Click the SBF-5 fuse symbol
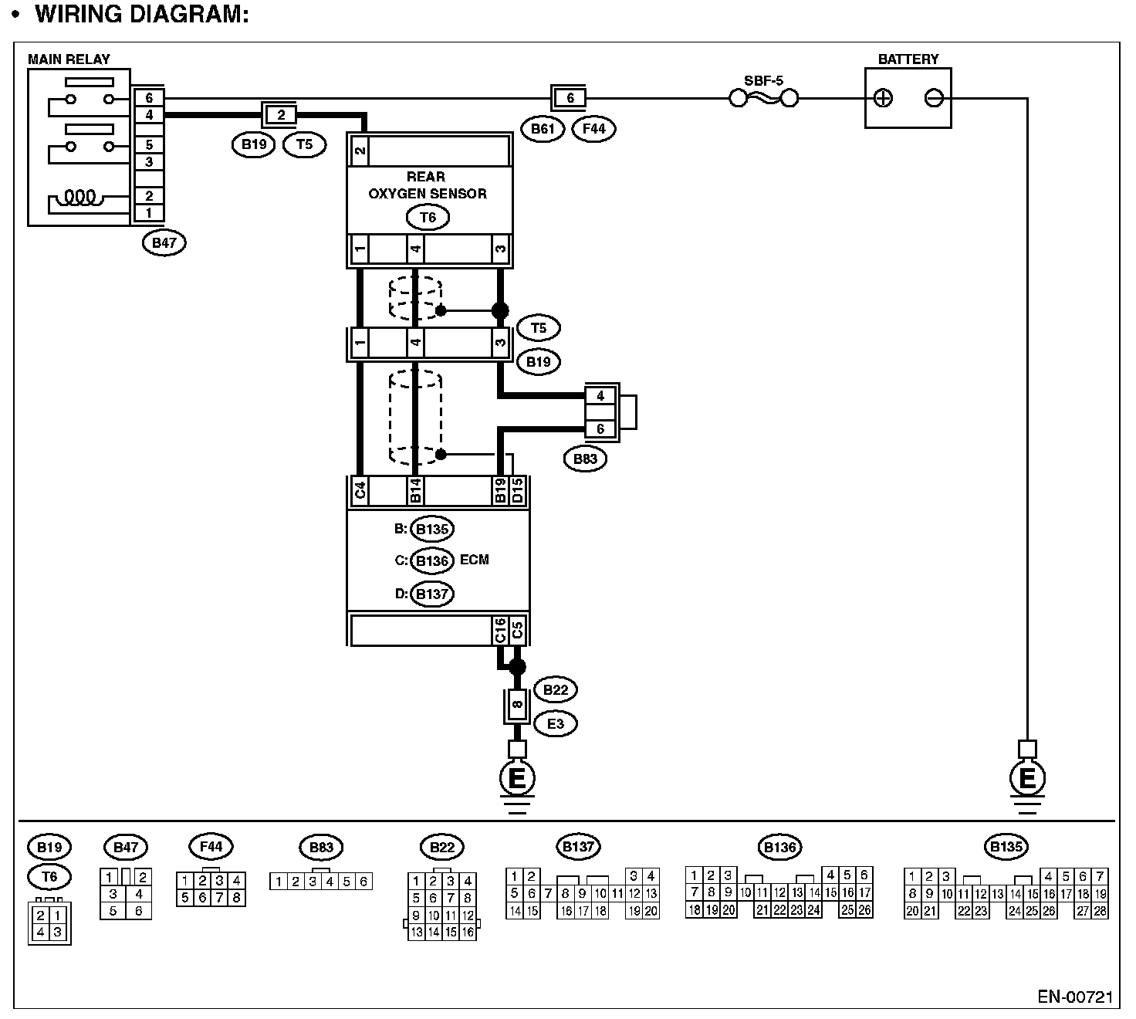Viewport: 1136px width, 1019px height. point(763,98)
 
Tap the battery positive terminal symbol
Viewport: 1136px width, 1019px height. point(883,98)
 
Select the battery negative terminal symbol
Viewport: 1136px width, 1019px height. point(933,98)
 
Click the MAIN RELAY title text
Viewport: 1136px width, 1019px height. point(69,59)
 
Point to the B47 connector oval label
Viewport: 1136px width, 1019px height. point(164,242)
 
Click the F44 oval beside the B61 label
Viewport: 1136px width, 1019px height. point(593,129)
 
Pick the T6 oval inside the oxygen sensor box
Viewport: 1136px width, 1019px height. point(428,218)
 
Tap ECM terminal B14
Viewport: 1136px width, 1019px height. point(415,492)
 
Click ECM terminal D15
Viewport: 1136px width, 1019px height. point(518,492)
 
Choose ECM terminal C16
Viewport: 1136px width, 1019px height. point(500,630)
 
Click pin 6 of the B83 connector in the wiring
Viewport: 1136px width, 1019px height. point(600,429)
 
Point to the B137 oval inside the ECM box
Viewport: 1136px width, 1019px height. point(432,594)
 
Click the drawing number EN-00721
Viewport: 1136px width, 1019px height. point(1075,997)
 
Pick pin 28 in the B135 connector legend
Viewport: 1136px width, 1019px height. point(1100,911)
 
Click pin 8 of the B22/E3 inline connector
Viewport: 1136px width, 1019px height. point(518,704)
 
